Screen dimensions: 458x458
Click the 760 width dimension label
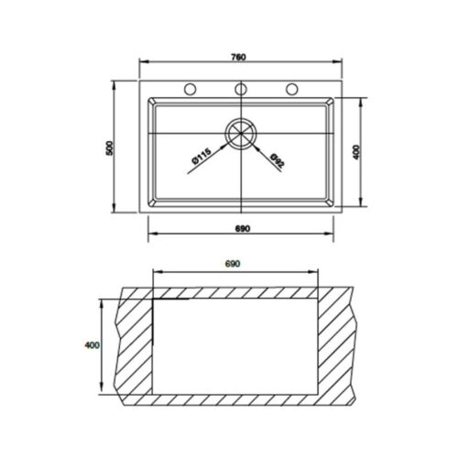[x=239, y=58]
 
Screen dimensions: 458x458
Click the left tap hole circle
[x=191, y=89]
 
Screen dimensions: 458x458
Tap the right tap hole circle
[x=293, y=89]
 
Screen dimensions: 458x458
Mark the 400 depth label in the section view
[x=90, y=345]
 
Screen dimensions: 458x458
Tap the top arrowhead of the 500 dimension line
[x=114, y=82]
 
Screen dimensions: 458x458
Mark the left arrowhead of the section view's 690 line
[x=156, y=271]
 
